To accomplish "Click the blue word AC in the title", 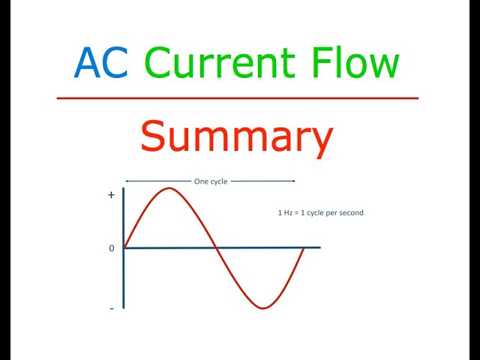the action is tap(100, 64).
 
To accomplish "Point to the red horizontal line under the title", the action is tap(237, 98).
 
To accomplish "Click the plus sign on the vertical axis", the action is tap(112, 194).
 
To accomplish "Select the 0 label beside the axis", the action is tap(112, 248).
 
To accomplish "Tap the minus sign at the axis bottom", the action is tap(112, 308).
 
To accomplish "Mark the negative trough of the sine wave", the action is tap(262, 307).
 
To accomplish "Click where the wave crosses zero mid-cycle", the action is tap(215, 247).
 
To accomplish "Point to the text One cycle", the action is tap(210, 181).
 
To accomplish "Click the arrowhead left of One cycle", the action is tap(127, 181).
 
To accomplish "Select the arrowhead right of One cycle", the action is tap(294, 181).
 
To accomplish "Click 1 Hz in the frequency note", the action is tap(286, 213).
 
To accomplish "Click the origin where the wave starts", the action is tap(124, 247).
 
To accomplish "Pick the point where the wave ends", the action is tap(304, 247).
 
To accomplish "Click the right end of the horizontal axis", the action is tap(319, 247).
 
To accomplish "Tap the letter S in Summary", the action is tap(153, 138).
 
